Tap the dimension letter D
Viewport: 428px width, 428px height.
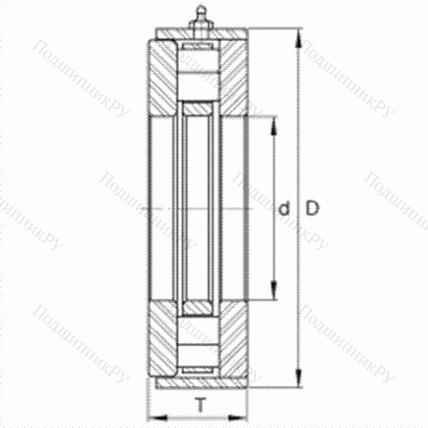point(313,208)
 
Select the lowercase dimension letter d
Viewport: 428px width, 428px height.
point(284,208)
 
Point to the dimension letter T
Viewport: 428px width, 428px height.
point(199,405)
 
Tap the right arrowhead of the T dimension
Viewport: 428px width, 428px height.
point(246,414)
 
